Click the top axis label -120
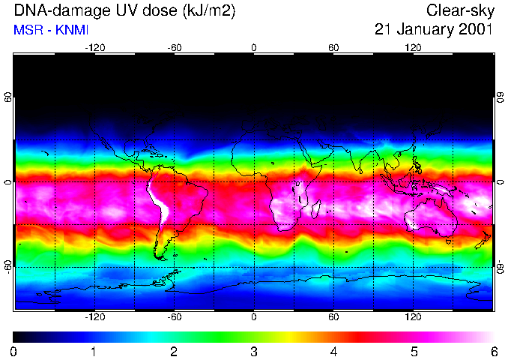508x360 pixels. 94,47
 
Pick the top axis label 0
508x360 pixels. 254,47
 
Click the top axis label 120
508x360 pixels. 413,47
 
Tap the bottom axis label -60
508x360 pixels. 175,317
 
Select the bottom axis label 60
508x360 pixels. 333,317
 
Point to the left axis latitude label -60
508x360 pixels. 7,266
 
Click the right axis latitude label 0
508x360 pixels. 500,182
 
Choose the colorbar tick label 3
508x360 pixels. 253,351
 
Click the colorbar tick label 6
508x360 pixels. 493,351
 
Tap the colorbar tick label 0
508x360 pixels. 14,351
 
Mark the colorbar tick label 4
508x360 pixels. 333,351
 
